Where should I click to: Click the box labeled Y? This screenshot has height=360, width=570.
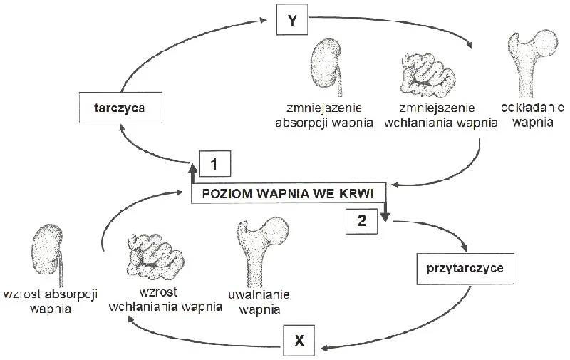click(x=292, y=20)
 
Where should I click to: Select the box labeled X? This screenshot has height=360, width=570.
click(x=299, y=341)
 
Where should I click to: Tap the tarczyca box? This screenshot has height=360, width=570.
click(x=120, y=108)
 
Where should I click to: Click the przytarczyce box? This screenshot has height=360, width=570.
click(x=465, y=268)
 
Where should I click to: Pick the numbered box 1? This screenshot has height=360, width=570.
click(x=215, y=164)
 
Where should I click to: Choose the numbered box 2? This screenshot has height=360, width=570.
click(x=361, y=220)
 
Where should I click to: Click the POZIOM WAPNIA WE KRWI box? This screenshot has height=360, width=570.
click(x=288, y=193)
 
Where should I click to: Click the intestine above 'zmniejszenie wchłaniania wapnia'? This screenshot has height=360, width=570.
click(x=428, y=76)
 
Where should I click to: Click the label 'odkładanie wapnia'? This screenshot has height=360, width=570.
click(x=532, y=115)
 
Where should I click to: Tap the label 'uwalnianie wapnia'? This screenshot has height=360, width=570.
click(x=259, y=302)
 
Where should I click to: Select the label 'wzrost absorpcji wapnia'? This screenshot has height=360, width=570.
click(x=50, y=301)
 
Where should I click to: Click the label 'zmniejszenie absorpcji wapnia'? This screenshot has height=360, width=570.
click(x=324, y=115)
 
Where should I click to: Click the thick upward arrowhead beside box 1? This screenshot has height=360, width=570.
click(x=192, y=168)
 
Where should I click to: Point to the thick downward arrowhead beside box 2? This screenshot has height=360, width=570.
click(x=385, y=217)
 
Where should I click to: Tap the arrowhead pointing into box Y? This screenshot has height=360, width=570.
click(x=263, y=21)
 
